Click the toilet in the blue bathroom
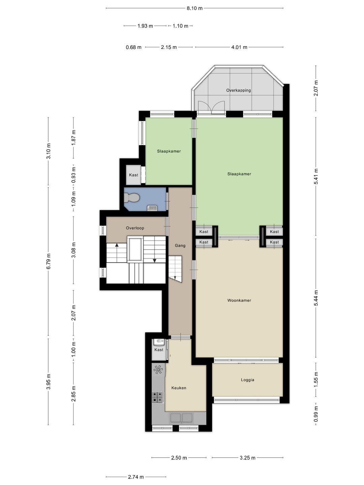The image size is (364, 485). tap(131, 197)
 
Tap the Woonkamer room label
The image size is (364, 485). tap(239, 300)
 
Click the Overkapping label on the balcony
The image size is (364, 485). tap(239, 90)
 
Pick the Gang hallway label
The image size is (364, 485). tap(180, 245)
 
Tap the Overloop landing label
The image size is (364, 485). tap(135, 228)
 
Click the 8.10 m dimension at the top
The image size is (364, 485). tap(194, 8)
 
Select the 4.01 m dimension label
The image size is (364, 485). tap(239, 47)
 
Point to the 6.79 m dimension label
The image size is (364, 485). tap(49, 261)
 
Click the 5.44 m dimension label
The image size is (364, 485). tap(316, 298)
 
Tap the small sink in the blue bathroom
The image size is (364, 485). tap(152, 208)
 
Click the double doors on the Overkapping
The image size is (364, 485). tap(211, 107)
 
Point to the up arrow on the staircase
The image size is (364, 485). tap(117, 245)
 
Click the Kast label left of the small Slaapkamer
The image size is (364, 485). tap(133, 175)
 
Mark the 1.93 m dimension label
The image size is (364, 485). tap(145, 26)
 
